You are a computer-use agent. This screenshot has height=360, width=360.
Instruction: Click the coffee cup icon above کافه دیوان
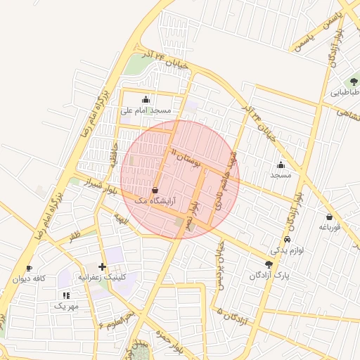coord(29,268)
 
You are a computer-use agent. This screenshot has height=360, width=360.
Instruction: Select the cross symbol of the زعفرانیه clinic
coord(103,266)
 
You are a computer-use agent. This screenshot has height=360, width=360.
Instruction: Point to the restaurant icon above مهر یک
coord(66,296)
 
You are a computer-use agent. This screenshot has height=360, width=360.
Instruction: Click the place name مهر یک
coord(67,307)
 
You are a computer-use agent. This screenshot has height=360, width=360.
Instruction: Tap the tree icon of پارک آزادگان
coord(269,264)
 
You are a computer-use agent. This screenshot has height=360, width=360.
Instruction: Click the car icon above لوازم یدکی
coord(287,240)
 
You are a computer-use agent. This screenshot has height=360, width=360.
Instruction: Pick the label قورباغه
coord(329,226)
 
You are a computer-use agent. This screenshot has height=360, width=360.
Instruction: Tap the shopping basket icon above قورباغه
coord(329,217)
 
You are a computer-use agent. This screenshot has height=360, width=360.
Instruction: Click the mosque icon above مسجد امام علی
coord(146,99)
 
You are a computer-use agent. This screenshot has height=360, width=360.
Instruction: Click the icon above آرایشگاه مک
coord(155,190)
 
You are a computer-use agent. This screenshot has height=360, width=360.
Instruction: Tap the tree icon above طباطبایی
coord(353,82)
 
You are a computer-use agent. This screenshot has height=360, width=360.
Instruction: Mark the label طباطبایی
coord(345,92)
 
